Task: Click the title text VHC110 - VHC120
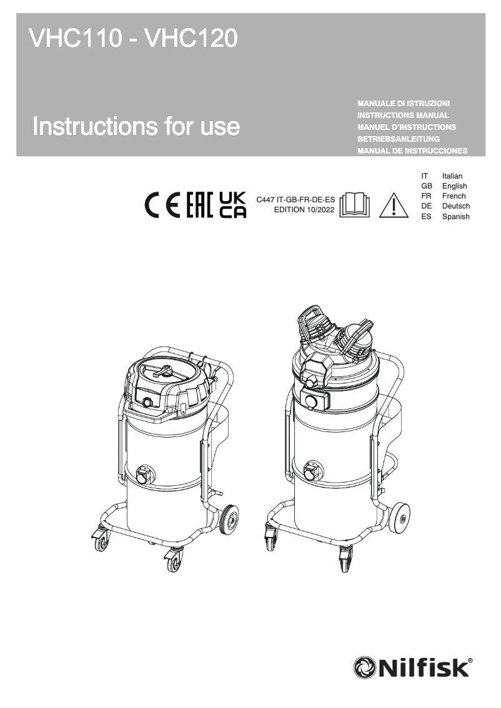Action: pyautogui.click(x=133, y=40)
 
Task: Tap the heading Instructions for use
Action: pyautogui.click(x=136, y=127)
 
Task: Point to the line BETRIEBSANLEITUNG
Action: pyautogui.click(x=399, y=139)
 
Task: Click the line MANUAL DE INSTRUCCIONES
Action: pyautogui.click(x=412, y=151)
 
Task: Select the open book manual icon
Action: pyautogui.click(x=354, y=205)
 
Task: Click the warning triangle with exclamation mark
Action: pyautogui.click(x=392, y=205)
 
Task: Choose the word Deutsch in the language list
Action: pyautogui.click(x=455, y=206)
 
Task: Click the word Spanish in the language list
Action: pyautogui.click(x=455, y=217)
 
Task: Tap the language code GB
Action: pyautogui.click(x=427, y=186)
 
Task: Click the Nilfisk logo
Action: pyautogui.click(x=412, y=668)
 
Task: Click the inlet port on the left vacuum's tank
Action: pyautogui.click(x=145, y=474)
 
